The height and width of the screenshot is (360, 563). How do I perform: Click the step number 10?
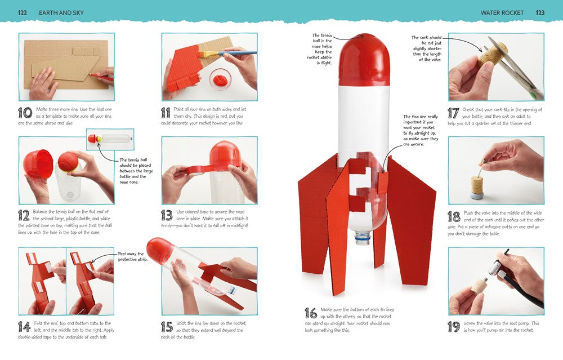tap(25, 113)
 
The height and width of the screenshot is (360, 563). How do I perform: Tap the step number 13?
tap(167, 215)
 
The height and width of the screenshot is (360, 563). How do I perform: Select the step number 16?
tap(311, 313)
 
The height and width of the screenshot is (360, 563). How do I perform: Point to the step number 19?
tap(454, 327)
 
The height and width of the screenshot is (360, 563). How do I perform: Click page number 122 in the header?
tap(23, 12)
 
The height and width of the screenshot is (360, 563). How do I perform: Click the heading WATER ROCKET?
tap(502, 12)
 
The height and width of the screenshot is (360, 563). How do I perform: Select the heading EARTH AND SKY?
tap(61, 12)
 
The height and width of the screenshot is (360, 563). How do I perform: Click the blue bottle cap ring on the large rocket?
tap(363, 237)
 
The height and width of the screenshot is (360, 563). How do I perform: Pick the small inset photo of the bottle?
tap(110, 139)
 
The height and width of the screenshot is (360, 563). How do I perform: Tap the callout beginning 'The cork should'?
tap(427, 48)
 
